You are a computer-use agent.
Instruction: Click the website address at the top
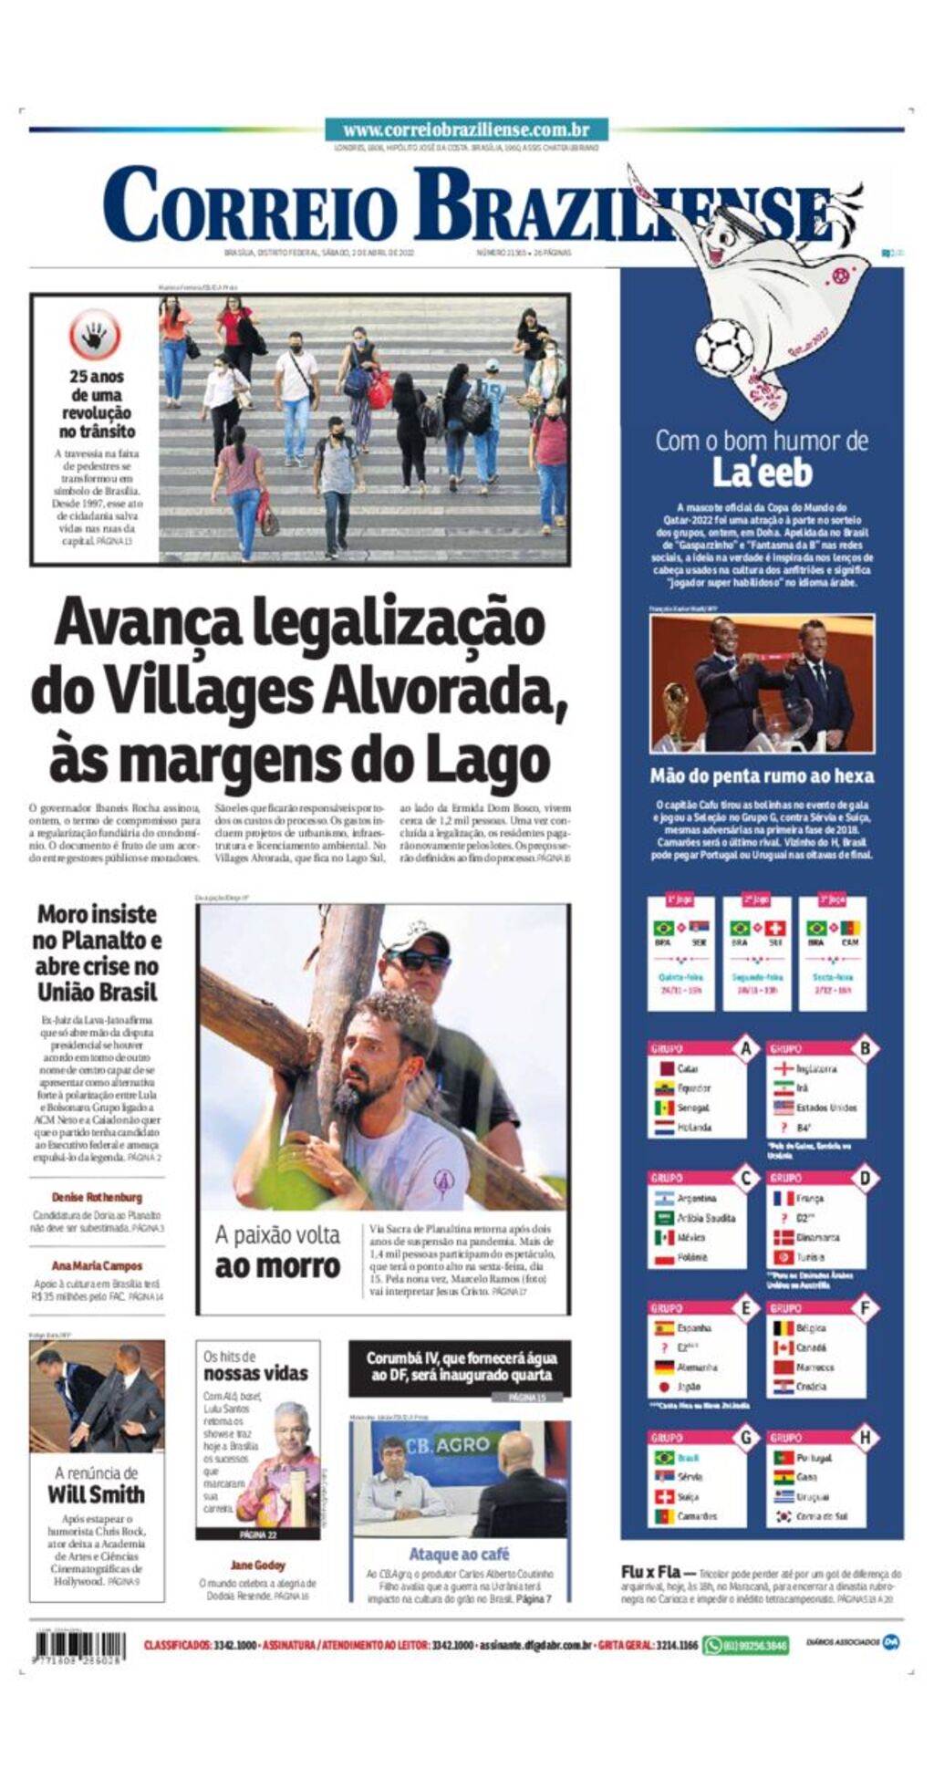[466, 130]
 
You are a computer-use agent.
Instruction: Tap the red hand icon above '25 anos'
[94, 336]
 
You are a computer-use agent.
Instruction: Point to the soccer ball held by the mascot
[723, 346]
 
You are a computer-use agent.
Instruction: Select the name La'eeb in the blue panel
[762, 473]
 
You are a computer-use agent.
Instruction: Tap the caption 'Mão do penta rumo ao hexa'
[762, 776]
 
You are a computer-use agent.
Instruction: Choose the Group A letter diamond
[746, 1048]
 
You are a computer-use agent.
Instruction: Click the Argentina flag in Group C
[664, 1198]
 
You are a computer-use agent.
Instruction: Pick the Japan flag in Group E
[664, 1387]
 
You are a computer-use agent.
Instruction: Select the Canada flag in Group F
[784, 1347]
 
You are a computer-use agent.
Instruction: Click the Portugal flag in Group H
[784, 1458]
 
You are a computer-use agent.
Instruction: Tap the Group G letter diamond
[746, 1439]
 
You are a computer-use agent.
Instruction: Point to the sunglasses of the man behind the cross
[422, 960]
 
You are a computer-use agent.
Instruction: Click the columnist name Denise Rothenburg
[97, 1197]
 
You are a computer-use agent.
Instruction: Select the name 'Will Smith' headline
[96, 1494]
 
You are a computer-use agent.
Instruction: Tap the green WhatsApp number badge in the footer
[745, 1645]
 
